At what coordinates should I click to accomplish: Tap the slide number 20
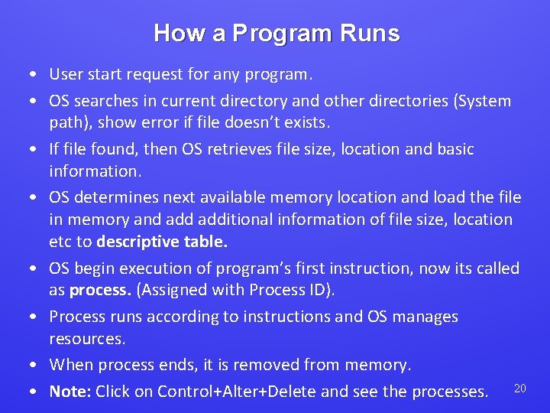519,389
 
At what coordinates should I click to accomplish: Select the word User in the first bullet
66,74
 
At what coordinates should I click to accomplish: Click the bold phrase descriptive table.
162,242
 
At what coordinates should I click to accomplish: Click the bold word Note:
70,392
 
